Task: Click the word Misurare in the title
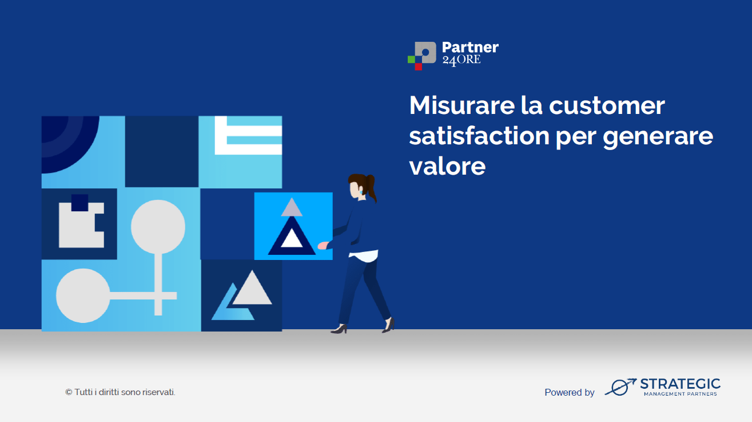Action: (462, 105)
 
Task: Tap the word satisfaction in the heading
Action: (479, 136)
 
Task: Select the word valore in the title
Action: (447, 166)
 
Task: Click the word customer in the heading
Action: (607, 106)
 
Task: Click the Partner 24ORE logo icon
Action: (422, 56)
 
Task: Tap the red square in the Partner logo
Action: (418, 66)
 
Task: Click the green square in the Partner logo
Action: (411, 60)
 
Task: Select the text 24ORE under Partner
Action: (461, 60)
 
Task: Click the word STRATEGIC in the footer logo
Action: (680, 384)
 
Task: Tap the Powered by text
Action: (570, 392)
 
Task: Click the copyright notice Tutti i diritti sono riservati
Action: (120, 392)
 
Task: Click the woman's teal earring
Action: (361, 192)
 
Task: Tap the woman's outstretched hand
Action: (323, 246)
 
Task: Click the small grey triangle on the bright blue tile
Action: (292, 208)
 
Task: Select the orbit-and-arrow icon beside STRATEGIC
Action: (620, 386)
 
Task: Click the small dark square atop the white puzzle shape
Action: (80, 203)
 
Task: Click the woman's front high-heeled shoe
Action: (339, 329)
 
